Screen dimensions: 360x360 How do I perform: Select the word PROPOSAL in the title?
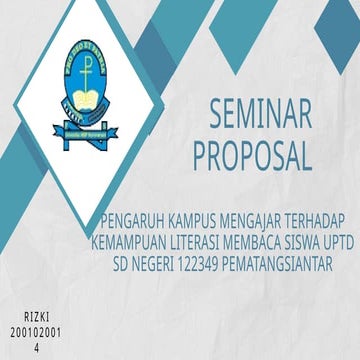coord(251,154)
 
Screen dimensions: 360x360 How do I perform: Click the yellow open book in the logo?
coord(85,101)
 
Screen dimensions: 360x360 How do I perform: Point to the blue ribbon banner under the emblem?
coord(86,131)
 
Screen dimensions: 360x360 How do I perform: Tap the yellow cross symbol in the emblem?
coord(84,74)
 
